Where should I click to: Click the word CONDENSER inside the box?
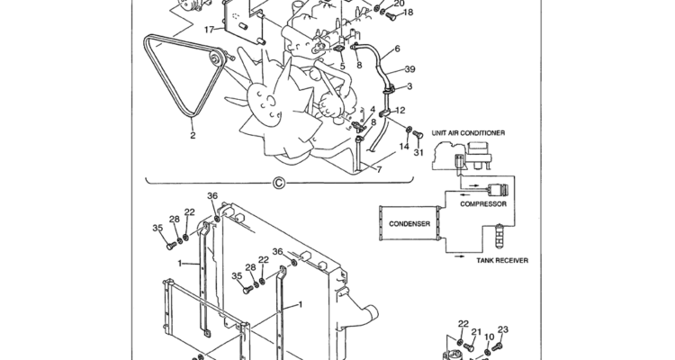pyautogui.click(x=409, y=224)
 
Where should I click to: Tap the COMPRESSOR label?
pyautogui.click(x=483, y=204)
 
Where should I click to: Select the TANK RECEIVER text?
pyautogui.click(x=502, y=260)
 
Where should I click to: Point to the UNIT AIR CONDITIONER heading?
pyautogui.click(x=468, y=133)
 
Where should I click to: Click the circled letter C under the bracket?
pyautogui.click(x=278, y=184)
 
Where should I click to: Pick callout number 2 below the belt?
pyautogui.click(x=193, y=135)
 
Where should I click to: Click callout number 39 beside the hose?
pyautogui.click(x=409, y=69)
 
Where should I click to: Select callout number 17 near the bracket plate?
pyautogui.click(x=209, y=30)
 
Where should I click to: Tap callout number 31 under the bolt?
pyautogui.click(x=418, y=152)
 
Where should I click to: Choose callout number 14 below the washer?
pyautogui.click(x=404, y=147)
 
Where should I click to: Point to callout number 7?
pyautogui.click(x=379, y=170)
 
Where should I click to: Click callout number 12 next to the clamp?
pyautogui.click(x=400, y=110)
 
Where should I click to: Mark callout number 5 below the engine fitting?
pyautogui.click(x=342, y=66)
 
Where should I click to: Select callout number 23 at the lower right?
pyautogui.click(x=503, y=330)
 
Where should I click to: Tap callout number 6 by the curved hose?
pyautogui.click(x=397, y=49)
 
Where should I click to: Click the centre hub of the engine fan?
pyautogui.click(x=265, y=103)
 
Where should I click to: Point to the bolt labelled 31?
pyautogui.click(x=418, y=134)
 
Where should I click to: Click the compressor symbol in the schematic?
pyautogui.click(x=497, y=188)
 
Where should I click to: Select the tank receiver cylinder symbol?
pyautogui.click(x=499, y=236)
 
